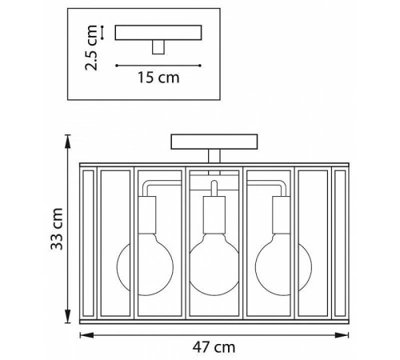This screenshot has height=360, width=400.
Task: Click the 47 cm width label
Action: click(x=214, y=347)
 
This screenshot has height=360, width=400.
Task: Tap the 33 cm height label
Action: click(x=57, y=229)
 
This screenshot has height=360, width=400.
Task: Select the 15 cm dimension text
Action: click(x=158, y=78)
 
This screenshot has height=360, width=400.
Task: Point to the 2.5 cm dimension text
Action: click(x=91, y=48)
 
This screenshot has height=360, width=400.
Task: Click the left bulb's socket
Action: click(x=147, y=215)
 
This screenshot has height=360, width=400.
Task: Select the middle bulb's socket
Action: click(x=214, y=215)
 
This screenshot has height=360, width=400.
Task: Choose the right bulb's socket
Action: click(x=281, y=215)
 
